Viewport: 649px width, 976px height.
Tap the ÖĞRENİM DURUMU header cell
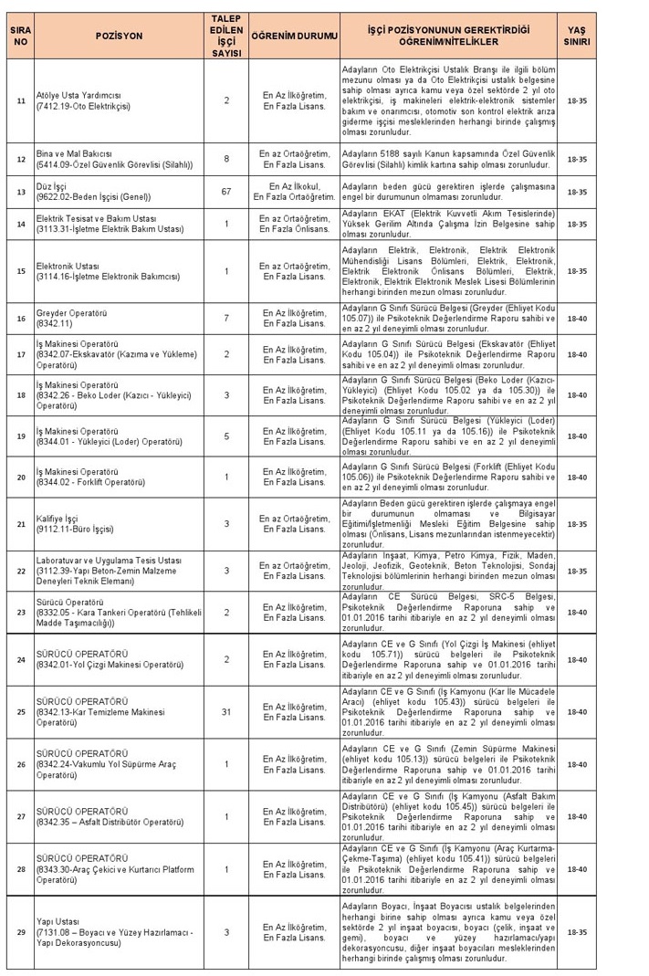[293, 36]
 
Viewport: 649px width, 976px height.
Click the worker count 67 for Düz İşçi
[226, 193]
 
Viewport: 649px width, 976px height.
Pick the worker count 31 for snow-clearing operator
[226, 712]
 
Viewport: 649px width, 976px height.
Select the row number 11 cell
[21, 100]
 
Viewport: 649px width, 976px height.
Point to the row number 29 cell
[21, 931]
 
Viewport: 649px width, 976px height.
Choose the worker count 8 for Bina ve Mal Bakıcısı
[226, 159]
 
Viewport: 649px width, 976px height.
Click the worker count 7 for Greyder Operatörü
[226, 317]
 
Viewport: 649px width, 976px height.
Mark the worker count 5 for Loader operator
[226, 436]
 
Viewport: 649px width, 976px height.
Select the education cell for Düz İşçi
[293, 193]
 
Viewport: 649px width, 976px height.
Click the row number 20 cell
[21, 477]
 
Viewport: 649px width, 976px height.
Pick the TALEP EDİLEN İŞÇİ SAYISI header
[226, 36]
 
